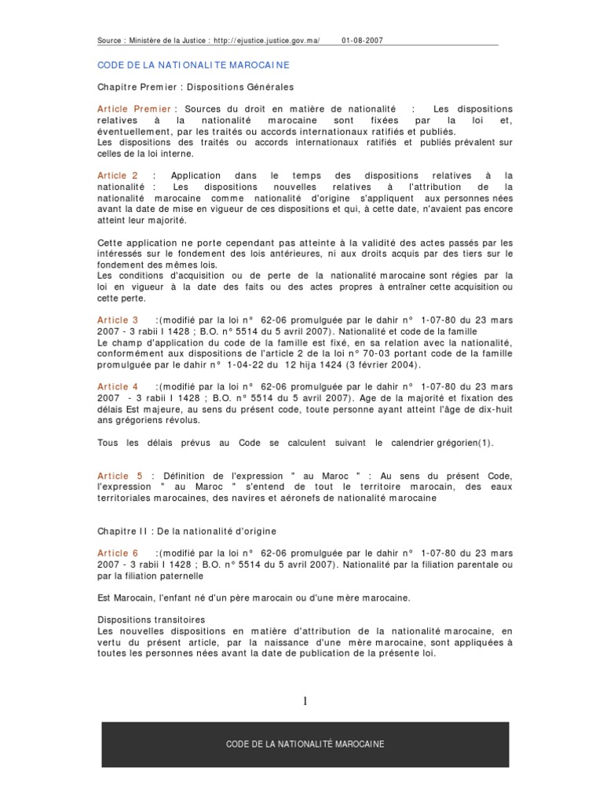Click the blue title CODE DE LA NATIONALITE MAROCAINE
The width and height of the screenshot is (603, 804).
(x=193, y=64)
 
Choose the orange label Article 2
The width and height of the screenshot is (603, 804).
(x=118, y=175)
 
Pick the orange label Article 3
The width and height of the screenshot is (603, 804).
(x=118, y=320)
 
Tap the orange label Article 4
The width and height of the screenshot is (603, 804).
(x=118, y=386)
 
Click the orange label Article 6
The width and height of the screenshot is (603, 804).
(x=118, y=553)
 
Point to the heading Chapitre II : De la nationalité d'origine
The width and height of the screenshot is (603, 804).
(x=187, y=532)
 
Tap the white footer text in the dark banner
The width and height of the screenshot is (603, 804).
(x=305, y=744)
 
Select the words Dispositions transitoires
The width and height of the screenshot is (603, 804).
(x=152, y=619)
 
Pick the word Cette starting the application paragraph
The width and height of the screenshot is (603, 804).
(x=111, y=242)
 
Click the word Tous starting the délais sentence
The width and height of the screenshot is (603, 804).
(x=108, y=443)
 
